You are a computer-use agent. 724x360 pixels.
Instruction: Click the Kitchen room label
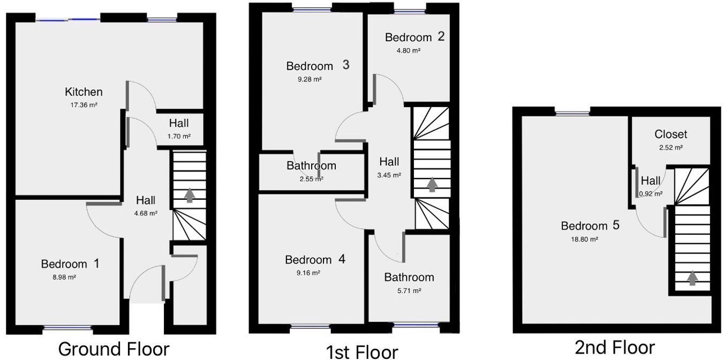pyautogui.click(x=84, y=92)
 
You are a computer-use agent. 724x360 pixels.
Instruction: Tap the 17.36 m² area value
pyautogui.click(x=84, y=106)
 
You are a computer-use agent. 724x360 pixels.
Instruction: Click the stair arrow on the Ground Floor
pyautogui.click(x=189, y=195)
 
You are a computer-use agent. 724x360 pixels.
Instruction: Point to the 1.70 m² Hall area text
pyautogui.click(x=179, y=136)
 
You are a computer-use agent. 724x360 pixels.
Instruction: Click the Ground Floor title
pyautogui.click(x=114, y=349)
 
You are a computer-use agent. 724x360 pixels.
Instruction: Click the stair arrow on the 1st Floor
pyautogui.click(x=432, y=184)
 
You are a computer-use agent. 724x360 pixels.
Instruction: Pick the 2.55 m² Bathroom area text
pyautogui.click(x=311, y=179)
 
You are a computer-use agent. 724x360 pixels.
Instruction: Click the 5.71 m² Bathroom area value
pyautogui.click(x=409, y=290)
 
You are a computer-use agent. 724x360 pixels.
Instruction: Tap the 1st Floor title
pyautogui.click(x=362, y=351)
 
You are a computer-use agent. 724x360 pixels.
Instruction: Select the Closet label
pyautogui.click(x=670, y=134)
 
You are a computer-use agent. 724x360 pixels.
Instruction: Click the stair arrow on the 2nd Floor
pyautogui.click(x=692, y=278)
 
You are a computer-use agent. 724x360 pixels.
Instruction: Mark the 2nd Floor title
pyautogui.click(x=614, y=348)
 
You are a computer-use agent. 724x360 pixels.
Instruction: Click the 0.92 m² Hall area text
pyautogui.click(x=651, y=194)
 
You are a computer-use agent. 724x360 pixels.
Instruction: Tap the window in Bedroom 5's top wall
pyautogui.click(x=572, y=112)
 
